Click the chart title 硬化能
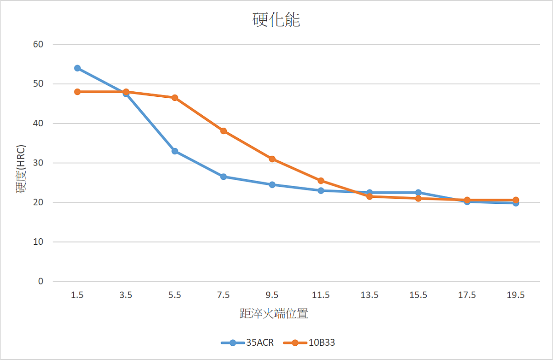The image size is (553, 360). click(x=276, y=20)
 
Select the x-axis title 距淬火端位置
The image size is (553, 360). click(x=274, y=314)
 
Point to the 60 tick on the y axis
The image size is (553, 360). click(x=38, y=44)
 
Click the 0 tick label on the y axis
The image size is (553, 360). click(x=41, y=281)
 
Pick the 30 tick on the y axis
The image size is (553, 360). click(x=38, y=163)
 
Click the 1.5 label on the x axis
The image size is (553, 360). click(x=77, y=295)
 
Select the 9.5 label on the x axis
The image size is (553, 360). click(x=272, y=295)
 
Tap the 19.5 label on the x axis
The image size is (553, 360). click(x=516, y=295)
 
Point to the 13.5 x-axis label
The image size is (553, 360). click(x=370, y=295)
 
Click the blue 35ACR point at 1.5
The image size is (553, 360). click(x=77, y=68)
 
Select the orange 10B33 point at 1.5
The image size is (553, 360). click(x=77, y=92)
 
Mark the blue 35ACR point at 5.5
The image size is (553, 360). click(x=175, y=151)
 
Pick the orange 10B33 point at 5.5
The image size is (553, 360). click(x=175, y=98)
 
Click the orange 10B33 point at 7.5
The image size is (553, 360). click(x=224, y=131)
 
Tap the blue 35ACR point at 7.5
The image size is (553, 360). click(x=224, y=177)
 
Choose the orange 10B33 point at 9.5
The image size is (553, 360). click(x=272, y=159)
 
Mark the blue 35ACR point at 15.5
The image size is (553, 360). click(x=418, y=192)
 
